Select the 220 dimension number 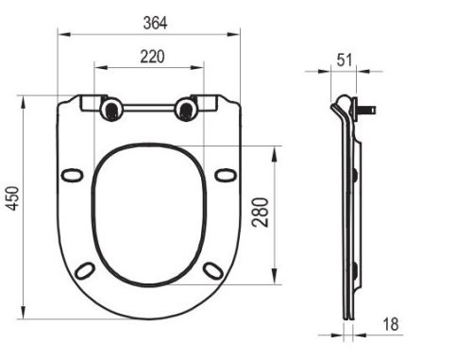click(151, 56)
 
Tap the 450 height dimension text click(13, 198)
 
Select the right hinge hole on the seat click(185, 110)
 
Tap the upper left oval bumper click(72, 175)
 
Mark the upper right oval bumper click(225, 175)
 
